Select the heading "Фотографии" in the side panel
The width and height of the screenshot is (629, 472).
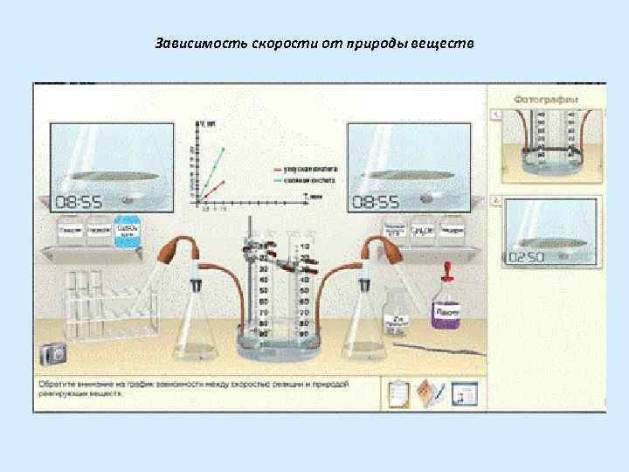pyautogui.click(x=545, y=99)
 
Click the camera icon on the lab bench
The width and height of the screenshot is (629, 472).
pyautogui.click(x=52, y=354)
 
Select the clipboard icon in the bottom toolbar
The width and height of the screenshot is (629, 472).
pyautogui.click(x=398, y=394)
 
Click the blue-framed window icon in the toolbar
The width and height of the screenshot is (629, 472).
pyautogui.click(x=463, y=394)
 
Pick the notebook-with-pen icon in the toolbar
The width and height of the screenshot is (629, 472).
pyautogui.click(x=430, y=394)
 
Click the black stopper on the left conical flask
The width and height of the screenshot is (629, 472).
pyautogui.click(x=198, y=283)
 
